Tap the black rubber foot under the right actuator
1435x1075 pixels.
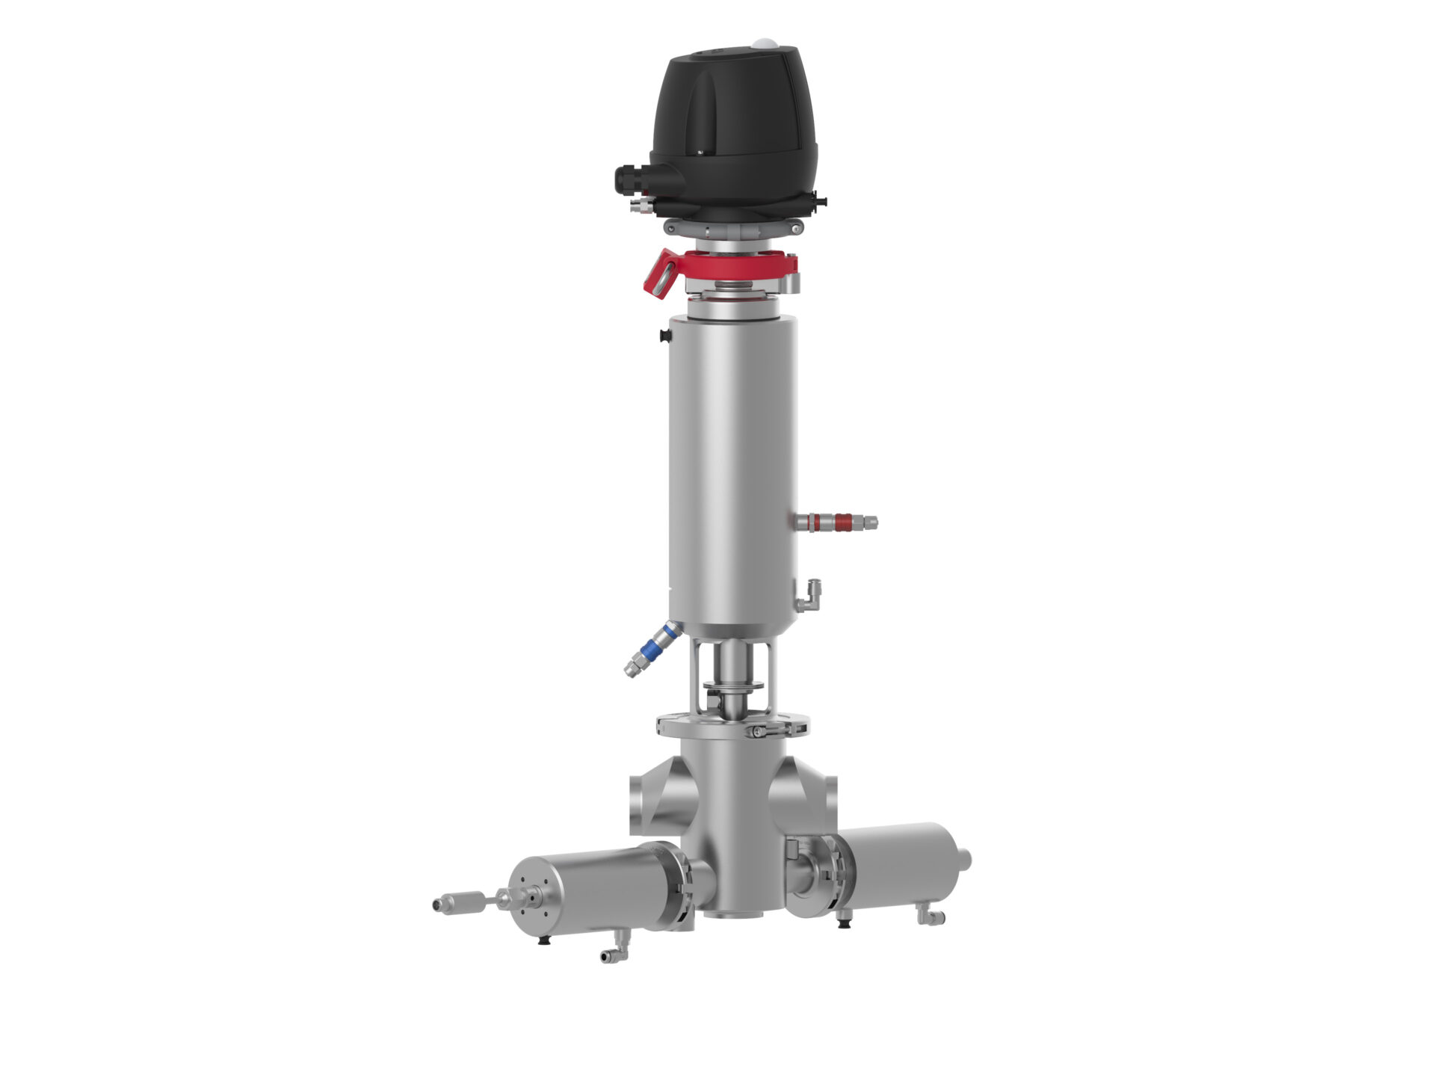[845, 922]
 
